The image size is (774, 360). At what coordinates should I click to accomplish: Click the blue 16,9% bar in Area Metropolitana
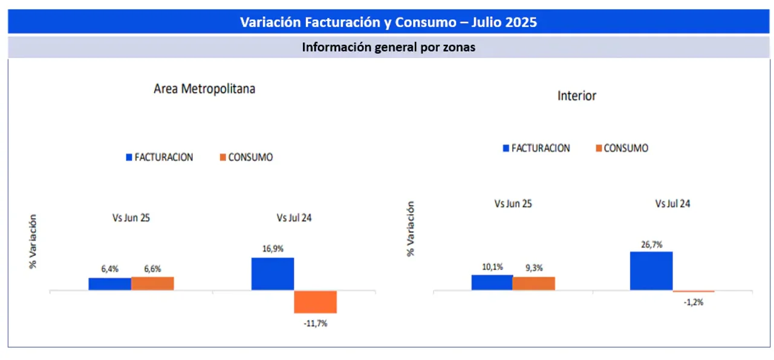coord(273,274)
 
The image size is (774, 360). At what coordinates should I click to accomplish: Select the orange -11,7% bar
coord(315,302)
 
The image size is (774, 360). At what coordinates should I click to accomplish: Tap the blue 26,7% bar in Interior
coord(651,271)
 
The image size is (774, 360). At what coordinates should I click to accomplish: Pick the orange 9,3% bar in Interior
coord(533,284)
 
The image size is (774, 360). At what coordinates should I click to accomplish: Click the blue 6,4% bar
coord(109,284)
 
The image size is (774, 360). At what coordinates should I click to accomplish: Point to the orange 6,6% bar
coord(152,283)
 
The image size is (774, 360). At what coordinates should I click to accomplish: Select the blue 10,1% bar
coord(492,283)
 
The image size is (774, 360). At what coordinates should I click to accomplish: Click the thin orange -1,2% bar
coord(694,292)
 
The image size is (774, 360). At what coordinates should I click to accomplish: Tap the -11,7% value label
coord(315,324)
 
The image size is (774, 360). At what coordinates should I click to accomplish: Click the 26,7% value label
coord(651,244)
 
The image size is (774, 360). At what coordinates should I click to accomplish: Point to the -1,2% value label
coord(694,302)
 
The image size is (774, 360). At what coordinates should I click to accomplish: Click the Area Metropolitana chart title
coord(204,88)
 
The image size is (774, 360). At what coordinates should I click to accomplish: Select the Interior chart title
coord(576,96)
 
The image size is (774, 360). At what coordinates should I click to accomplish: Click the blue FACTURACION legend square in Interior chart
coord(506,148)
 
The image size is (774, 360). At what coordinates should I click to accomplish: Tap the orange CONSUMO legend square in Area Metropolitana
coord(223,157)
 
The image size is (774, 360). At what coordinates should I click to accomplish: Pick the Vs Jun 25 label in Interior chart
coord(513,204)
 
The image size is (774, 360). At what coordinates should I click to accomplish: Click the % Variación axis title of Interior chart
coord(411,229)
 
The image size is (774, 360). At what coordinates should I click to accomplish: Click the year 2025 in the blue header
coord(519,22)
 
